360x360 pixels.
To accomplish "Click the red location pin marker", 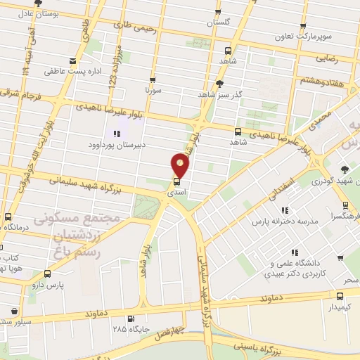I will tap(181, 165).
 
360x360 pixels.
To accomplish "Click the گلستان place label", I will tap(219, 22).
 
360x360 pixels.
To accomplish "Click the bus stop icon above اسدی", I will tap(176, 179).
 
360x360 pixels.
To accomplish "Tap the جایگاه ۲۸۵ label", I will tap(127, 328).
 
